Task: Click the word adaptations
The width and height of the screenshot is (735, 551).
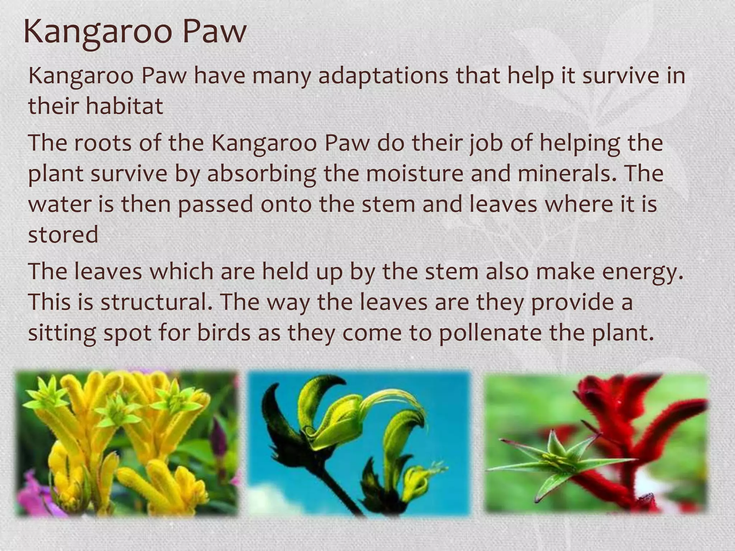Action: tap(383, 76)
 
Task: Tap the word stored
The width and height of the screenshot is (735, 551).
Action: tap(63, 235)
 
